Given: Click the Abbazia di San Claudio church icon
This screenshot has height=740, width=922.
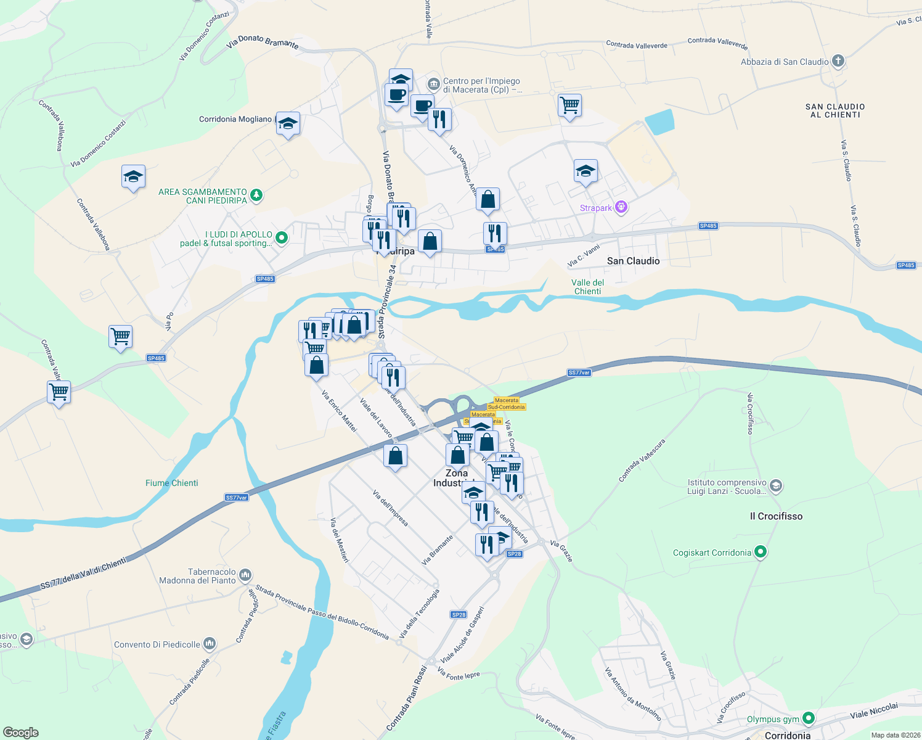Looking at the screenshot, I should click(x=838, y=61).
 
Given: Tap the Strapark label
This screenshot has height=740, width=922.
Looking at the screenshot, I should click(x=596, y=208).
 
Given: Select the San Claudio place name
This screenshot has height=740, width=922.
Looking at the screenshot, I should click(x=633, y=261).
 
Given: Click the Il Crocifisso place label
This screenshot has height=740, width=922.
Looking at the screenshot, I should click(x=776, y=516).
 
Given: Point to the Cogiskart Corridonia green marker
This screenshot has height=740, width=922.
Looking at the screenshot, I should click(x=761, y=552).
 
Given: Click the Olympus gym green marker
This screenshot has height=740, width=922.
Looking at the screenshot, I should click(x=808, y=718).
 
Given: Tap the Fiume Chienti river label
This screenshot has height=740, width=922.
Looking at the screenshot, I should click(x=172, y=483).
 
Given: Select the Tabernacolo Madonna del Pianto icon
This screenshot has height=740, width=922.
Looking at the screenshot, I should click(x=245, y=575).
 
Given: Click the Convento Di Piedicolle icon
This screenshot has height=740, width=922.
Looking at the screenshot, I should click(x=210, y=644).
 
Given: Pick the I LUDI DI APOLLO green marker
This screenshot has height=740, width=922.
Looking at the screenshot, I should click(x=282, y=237).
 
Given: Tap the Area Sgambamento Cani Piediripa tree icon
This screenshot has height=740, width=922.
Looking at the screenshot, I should click(x=256, y=195).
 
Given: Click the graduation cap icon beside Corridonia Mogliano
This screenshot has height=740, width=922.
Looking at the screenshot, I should click(x=288, y=123).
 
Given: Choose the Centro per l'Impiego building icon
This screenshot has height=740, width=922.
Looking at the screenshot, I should click(x=433, y=83).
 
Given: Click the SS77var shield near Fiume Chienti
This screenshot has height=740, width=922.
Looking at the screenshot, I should click(x=237, y=498).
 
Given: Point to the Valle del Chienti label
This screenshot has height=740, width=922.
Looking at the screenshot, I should click(x=587, y=287).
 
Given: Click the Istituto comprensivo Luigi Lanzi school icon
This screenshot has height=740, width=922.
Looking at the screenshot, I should click(x=776, y=486).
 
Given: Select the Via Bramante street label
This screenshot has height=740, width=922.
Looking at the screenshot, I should click(x=438, y=549).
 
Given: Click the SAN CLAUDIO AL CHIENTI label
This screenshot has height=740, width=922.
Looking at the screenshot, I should click(x=835, y=111).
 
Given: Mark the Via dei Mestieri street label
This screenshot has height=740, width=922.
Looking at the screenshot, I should click(x=340, y=540).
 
